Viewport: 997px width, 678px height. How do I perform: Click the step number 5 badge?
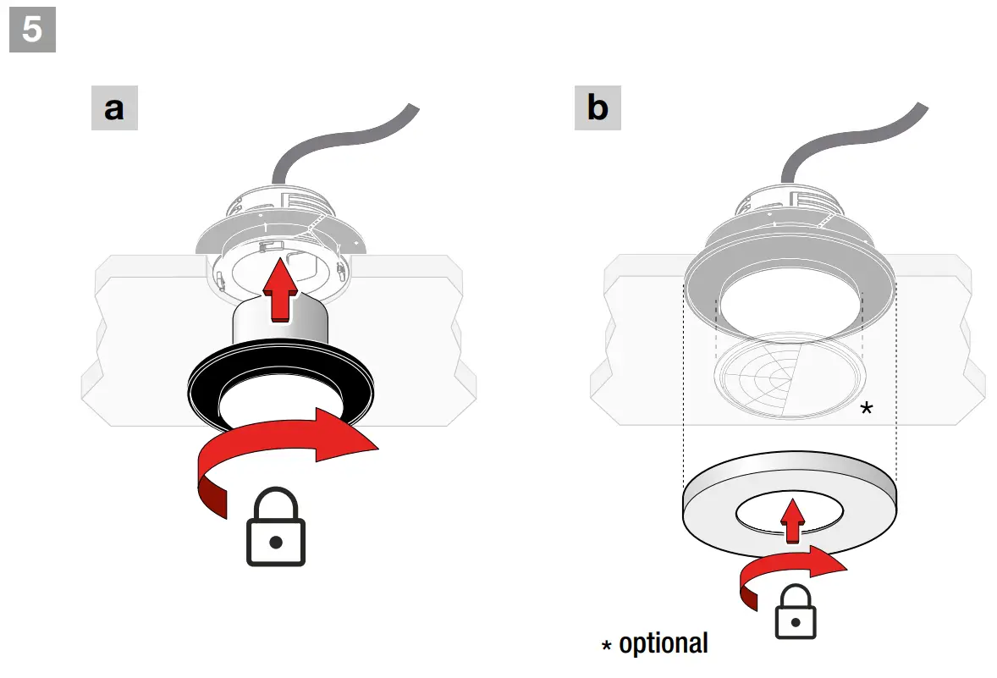32,30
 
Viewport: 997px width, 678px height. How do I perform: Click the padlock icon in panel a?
275,530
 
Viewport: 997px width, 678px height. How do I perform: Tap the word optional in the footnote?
664,644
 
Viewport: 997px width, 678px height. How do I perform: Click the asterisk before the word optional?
606,647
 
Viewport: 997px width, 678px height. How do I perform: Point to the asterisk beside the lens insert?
866,410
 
